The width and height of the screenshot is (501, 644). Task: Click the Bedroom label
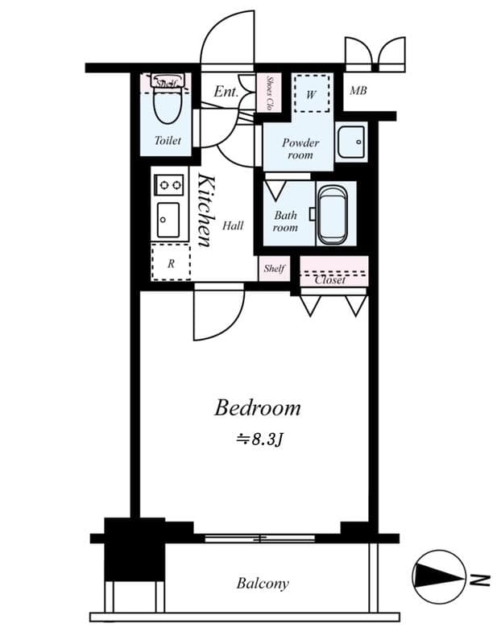click(x=258, y=408)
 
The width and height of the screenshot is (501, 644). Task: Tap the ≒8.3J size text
click(x=259, y=440)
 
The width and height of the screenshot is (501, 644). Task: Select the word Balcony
click(x=263, y=583)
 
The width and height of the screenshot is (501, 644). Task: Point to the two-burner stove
click(x=169, y=185)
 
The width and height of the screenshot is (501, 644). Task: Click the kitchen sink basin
click(x=168, y=220)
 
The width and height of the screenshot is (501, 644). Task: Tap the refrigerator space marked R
click(x=171, y=262)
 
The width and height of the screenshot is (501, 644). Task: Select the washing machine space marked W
click(x=312, y=93)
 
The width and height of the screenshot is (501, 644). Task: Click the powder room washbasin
click(x=350, y=142)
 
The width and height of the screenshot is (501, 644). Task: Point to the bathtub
click(x=333, y=215)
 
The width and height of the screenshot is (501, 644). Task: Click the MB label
click(x=358, y=90)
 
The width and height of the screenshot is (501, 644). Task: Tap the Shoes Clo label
click(x=270, y=93)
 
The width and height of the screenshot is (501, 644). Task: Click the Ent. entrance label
click(x=226, y=91)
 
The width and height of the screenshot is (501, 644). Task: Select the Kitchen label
click(x=206, y=210)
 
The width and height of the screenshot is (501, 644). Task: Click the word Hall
click(x=233, y=225)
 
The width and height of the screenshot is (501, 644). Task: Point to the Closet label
click(x=330, y=280)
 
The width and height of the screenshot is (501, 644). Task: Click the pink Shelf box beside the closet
click(x=274, y=269)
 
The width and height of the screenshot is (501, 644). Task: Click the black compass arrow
click(x=438, y=576)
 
